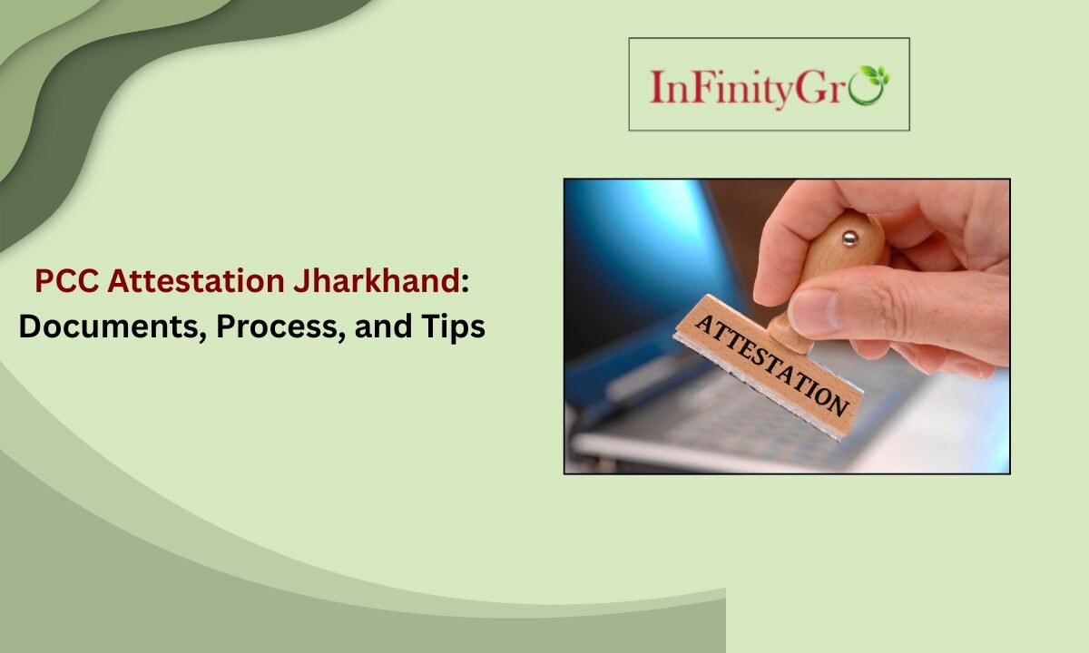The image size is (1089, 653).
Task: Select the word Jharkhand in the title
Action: point(375,282)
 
